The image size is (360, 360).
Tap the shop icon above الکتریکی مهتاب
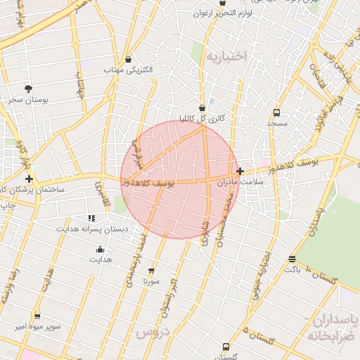pos(127,60)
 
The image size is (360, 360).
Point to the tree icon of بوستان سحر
pos(28,89)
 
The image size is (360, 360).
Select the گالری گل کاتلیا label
pos(202,118)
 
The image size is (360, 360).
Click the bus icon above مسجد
pos(277,112)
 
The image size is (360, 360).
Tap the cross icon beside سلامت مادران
pos(240,171)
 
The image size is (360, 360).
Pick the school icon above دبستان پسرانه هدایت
pos(91,218)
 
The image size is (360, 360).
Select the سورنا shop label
pos(151,281)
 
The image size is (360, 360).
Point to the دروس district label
pos(153,330)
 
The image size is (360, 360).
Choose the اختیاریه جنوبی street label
pos(264,274)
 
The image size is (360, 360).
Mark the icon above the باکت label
pos(292,259)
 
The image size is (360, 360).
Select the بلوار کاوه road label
pos(25,152)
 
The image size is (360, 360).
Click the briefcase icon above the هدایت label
pos(100,248)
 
